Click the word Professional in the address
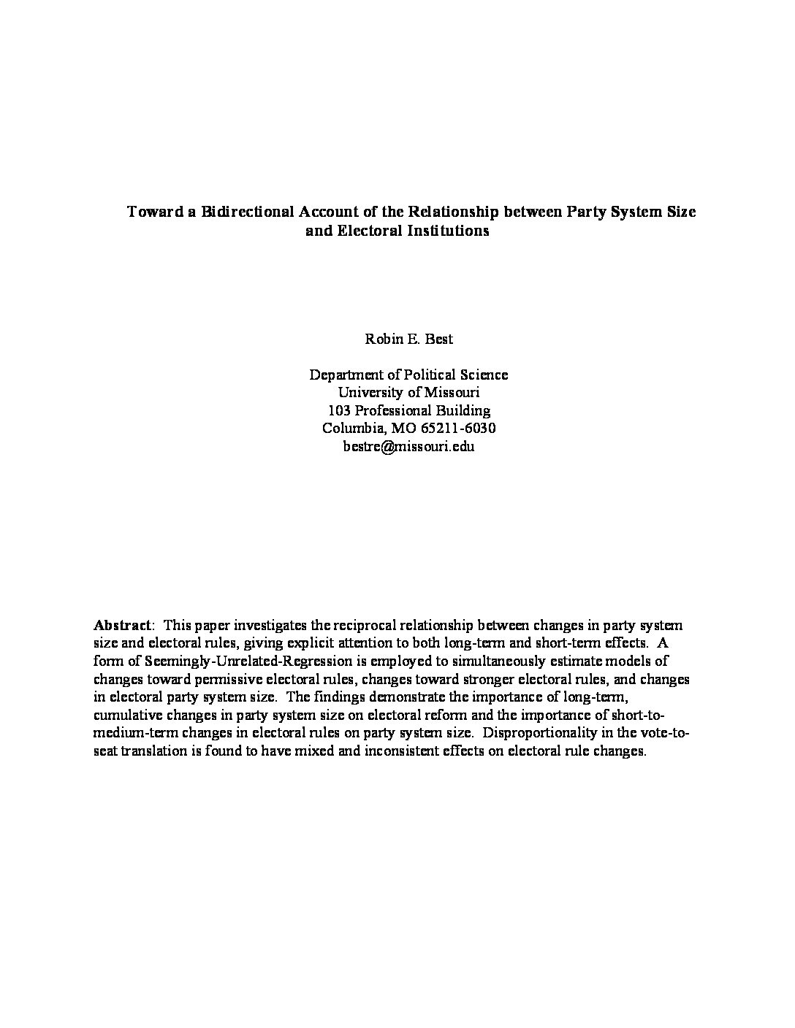[395, 410]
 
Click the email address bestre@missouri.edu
[408, 446]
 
